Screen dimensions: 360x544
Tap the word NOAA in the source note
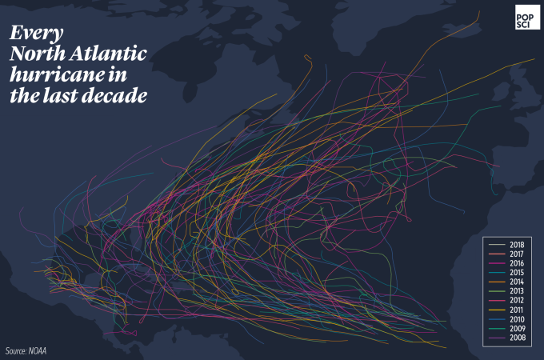[38, 350]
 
